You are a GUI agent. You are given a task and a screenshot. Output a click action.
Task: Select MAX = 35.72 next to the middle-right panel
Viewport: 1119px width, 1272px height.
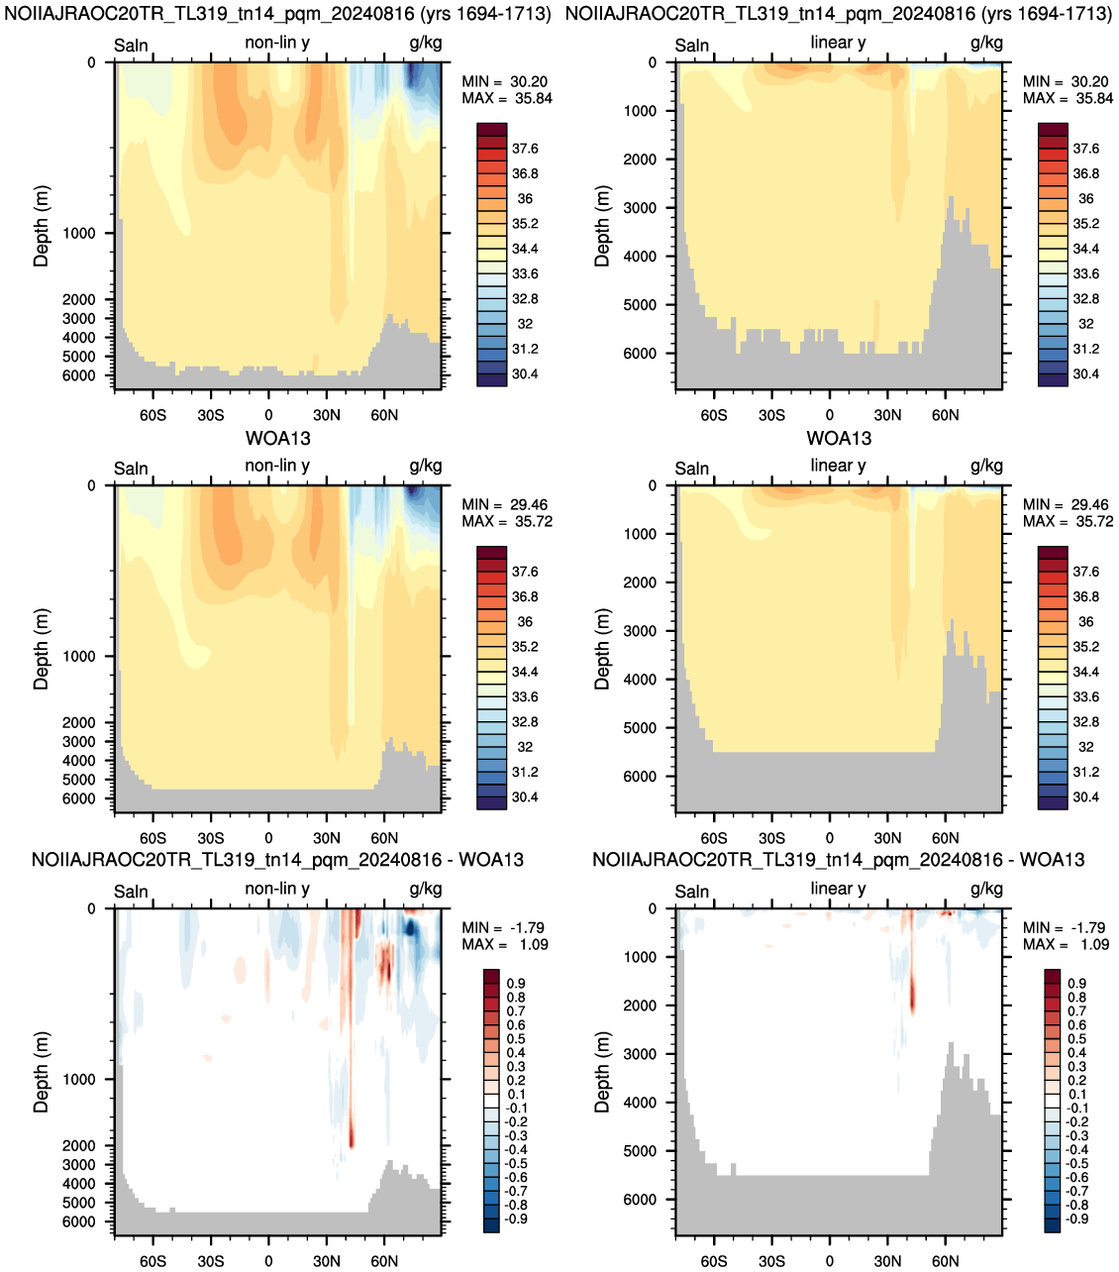tap(1068, 521)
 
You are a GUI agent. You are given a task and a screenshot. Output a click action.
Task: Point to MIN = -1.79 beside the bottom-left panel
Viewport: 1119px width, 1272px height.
tap(503, 927)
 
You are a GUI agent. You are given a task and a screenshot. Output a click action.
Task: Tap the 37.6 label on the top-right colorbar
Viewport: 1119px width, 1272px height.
tap(1085, 149)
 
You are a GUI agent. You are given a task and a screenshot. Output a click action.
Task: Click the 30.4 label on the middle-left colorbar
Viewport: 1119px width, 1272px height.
tap(525, 796)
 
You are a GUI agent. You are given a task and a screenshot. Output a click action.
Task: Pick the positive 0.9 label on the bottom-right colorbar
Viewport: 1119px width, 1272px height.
tap(1077, 983)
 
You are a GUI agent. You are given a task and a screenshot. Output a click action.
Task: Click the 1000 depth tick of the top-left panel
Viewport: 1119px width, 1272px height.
tap(78, 233)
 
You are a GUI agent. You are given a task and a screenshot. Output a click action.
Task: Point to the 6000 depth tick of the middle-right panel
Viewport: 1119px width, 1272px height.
tap(640, 777)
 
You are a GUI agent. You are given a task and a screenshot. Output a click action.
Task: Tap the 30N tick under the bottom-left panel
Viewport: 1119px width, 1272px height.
tap(327, 1261)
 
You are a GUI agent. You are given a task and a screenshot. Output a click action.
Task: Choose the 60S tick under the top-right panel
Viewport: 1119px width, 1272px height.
tap(714, 415)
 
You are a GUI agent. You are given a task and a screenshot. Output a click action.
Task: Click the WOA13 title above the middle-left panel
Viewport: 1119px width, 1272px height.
tap(278, 438)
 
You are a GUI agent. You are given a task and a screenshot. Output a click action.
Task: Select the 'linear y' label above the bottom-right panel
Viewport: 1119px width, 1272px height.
tap(838, 889)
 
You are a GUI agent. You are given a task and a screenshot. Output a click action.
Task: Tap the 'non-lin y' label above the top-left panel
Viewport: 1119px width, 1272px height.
tap(277, 43)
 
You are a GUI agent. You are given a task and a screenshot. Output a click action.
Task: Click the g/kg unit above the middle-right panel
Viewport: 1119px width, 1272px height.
tap(986, 466)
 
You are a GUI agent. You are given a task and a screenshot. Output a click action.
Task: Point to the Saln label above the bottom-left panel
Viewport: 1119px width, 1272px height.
tap(131, 892)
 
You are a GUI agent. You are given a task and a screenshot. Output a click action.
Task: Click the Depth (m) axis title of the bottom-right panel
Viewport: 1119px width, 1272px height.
tap(602, 1072)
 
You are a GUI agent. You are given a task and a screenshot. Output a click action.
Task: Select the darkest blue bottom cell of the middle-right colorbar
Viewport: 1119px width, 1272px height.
tap(1053, 803)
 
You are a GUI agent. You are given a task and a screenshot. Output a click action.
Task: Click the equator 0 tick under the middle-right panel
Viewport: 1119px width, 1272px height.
tap(829, 838)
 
